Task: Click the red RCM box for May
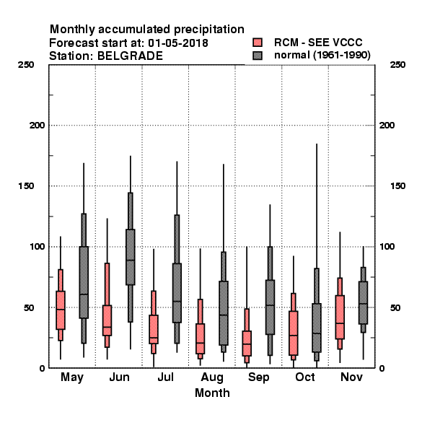[x=61, y=310]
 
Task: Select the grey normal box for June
[x=131, y=257]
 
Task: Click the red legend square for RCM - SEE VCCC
[x=258, y=43]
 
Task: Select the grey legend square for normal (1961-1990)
[x=258, y=56]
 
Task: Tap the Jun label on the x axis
[x=119, y=377]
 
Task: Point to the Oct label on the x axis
[x=305, y=377]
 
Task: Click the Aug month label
[x=212, y=377]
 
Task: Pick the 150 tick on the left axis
[x=26, y=186]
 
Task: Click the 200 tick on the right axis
[x=387, y=125]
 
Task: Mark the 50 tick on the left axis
[x=29, y=307]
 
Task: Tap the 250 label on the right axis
[x=397, y=65]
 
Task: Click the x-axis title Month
[x=212, y=393]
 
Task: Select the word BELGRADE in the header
[x=130, y=56]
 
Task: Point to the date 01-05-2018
[x=178, y=43]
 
